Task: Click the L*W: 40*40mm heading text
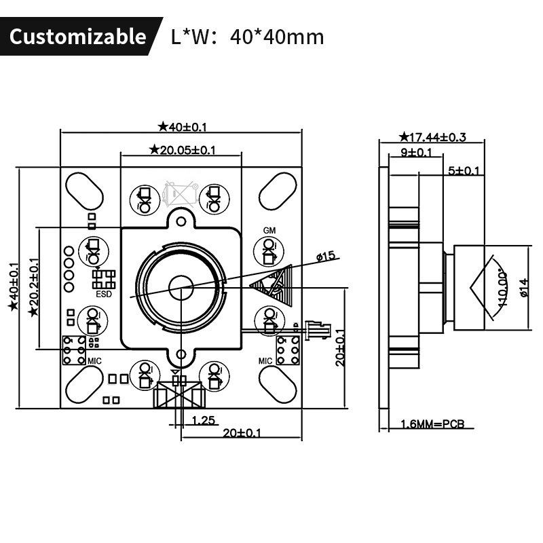tap(248, 37)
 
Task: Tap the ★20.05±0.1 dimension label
tap(183, 150)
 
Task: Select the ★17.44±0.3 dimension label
tap(432, 137)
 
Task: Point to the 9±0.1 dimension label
tap(416, 152)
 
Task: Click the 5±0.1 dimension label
tap(464, 170)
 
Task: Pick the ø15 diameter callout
tap(326, 257)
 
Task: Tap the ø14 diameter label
tap(524, 287)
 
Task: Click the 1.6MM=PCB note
tap(432, 424)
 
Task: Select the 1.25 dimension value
tap(203, 420)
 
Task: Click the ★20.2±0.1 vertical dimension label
tap(34, 287)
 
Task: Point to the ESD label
tap(104, 294)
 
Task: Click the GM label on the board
tap(269, 230)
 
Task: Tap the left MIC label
tap(94, 361)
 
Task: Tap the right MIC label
tap(265, 361)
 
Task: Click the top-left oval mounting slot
tap(84, 191)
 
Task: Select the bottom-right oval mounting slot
tap(278, 384)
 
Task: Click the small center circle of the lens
tap(181, 287)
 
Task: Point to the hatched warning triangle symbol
tap(272, 285)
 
